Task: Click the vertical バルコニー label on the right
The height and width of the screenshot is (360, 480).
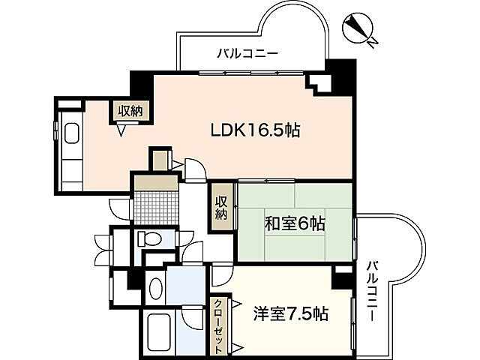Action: point(372,292)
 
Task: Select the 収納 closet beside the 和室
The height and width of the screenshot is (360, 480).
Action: point(222,208)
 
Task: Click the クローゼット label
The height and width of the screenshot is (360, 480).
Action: point(216,326)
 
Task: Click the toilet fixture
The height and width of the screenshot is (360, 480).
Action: point(149,239)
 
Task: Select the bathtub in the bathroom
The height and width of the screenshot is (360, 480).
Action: point(160,330)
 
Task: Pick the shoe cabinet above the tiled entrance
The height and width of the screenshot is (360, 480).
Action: point(156,181)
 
